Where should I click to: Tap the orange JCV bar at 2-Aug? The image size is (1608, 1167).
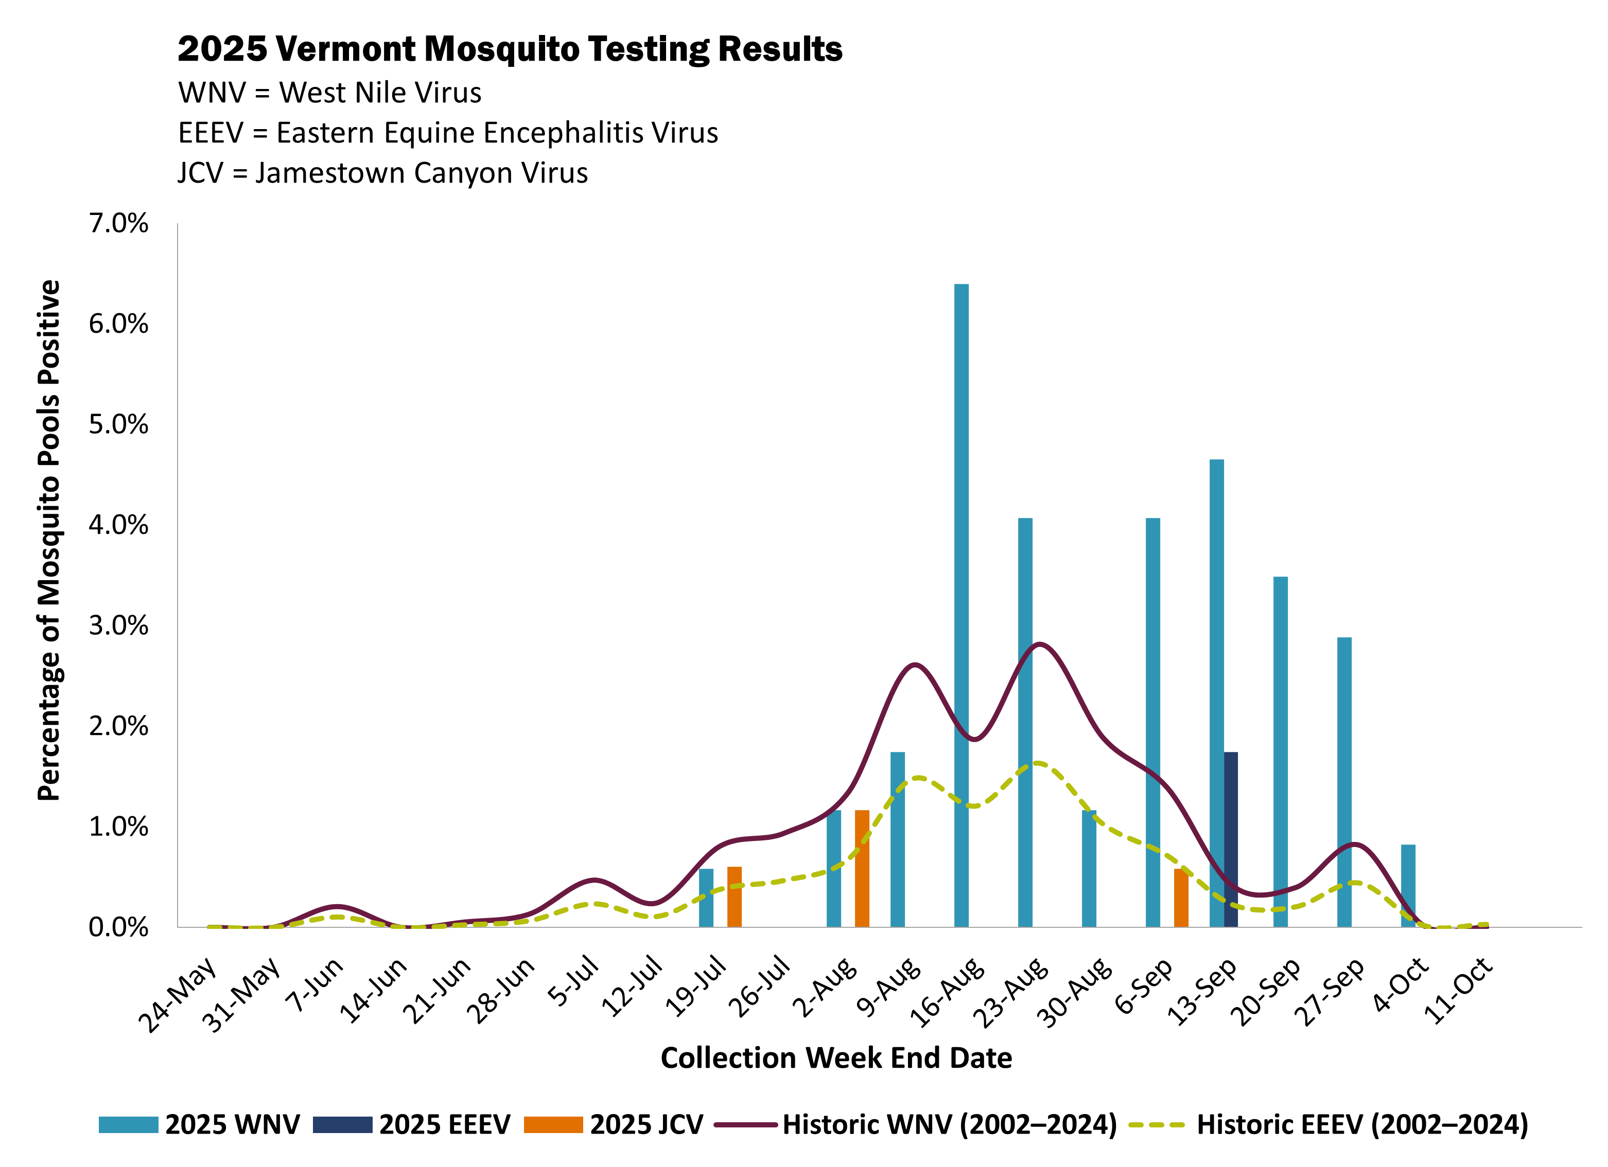tap(862, 868)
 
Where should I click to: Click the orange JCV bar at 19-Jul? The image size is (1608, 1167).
tap(735, 896)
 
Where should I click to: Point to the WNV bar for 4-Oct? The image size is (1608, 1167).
tap(1408, 886)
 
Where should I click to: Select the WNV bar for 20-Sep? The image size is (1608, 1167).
tap(1281, 751)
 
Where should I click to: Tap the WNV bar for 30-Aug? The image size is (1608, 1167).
tap(1089, 868)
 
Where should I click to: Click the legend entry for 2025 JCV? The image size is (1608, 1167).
tap(614, 1124)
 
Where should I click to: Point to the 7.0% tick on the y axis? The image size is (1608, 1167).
tap(118, 223)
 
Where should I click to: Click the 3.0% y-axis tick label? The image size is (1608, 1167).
tap(118, 625)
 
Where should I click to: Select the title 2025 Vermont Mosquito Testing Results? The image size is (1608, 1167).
tap(510, 49)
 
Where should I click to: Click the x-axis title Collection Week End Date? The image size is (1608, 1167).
tap(836, 1058)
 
